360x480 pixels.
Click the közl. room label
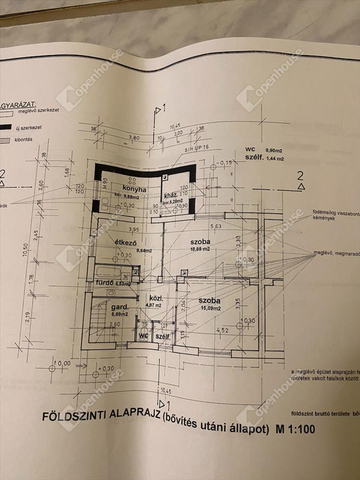coord(153,296)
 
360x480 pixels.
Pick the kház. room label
coord(171,195)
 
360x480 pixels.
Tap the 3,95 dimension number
coord(121,229)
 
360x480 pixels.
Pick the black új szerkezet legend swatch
coord(6,128)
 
